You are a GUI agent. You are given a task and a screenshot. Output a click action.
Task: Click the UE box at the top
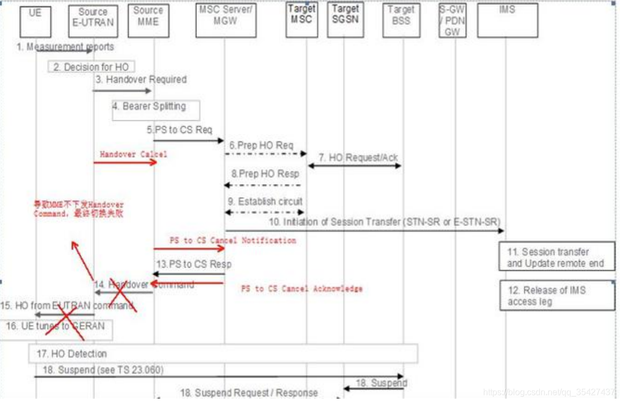tap(35, 20)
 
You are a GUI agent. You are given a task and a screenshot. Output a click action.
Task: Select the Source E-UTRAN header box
tap(93, 21)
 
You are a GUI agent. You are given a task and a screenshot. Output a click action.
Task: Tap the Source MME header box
tap(148, 21)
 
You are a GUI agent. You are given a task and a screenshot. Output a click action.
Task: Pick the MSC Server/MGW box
tap(226, 21)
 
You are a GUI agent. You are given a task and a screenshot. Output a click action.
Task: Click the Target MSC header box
tap(302, 21)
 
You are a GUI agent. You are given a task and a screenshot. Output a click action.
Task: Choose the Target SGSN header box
tap(345, 21)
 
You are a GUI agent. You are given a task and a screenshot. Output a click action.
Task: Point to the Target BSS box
tap(401, 21)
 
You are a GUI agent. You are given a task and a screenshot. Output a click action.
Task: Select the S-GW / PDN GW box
tap(452, 21)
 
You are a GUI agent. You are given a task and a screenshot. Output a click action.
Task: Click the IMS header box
tap(507, 21)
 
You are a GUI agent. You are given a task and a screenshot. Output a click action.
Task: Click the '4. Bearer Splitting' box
tap(156, 109)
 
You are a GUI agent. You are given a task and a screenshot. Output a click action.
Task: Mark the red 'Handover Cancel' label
tap(134, 154)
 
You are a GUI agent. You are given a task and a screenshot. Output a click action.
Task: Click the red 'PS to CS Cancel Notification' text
tap(233, 240)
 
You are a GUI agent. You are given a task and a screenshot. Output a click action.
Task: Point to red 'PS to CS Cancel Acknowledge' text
tap(301, 289)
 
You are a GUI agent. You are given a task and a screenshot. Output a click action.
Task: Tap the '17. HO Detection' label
tap(72, 354)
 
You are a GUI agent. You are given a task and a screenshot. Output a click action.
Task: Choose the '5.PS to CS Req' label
tap(179, 130)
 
